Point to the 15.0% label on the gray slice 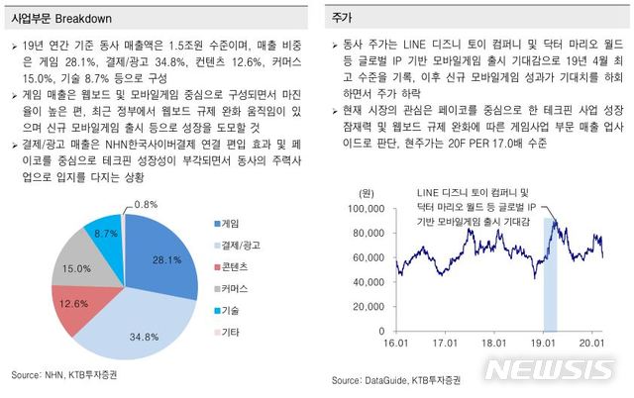point(77,268)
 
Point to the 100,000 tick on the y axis point(366,210)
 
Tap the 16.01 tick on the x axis point(396,343)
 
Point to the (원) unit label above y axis point(367,192)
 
